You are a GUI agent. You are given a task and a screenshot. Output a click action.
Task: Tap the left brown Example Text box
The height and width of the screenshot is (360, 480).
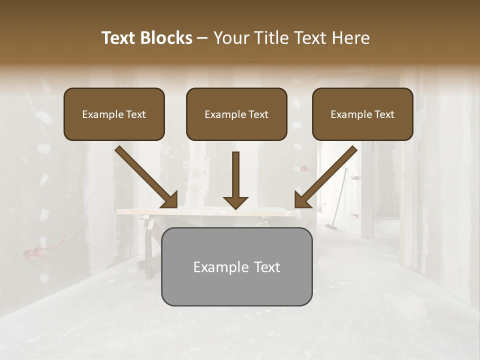click(x=114, y=114)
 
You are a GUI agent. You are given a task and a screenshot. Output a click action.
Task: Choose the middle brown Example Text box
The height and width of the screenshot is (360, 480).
click(x=236, y=114)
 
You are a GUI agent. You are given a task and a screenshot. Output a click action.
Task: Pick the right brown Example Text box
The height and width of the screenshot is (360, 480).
click(x=362, y=114)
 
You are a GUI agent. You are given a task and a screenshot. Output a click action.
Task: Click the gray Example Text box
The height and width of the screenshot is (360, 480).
click(x=236, y=266)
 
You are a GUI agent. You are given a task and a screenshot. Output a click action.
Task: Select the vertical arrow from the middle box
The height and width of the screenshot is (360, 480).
click(x=235, y=175)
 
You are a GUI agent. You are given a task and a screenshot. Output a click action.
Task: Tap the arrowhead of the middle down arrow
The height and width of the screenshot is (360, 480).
click(x=235, y=202)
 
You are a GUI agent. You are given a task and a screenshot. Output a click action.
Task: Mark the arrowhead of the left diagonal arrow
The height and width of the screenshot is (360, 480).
click(x=170, y=200)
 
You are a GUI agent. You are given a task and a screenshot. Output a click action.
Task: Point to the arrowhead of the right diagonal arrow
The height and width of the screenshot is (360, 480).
click(x=302, y=200)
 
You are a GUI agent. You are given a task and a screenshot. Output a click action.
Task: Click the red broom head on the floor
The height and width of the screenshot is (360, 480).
click(x=330, y=226)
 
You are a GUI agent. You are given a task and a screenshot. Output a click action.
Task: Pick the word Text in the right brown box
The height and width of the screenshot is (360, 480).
click(x=384, y=114)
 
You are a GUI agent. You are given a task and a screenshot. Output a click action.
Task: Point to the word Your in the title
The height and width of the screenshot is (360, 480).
click(x=229, y=38)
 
